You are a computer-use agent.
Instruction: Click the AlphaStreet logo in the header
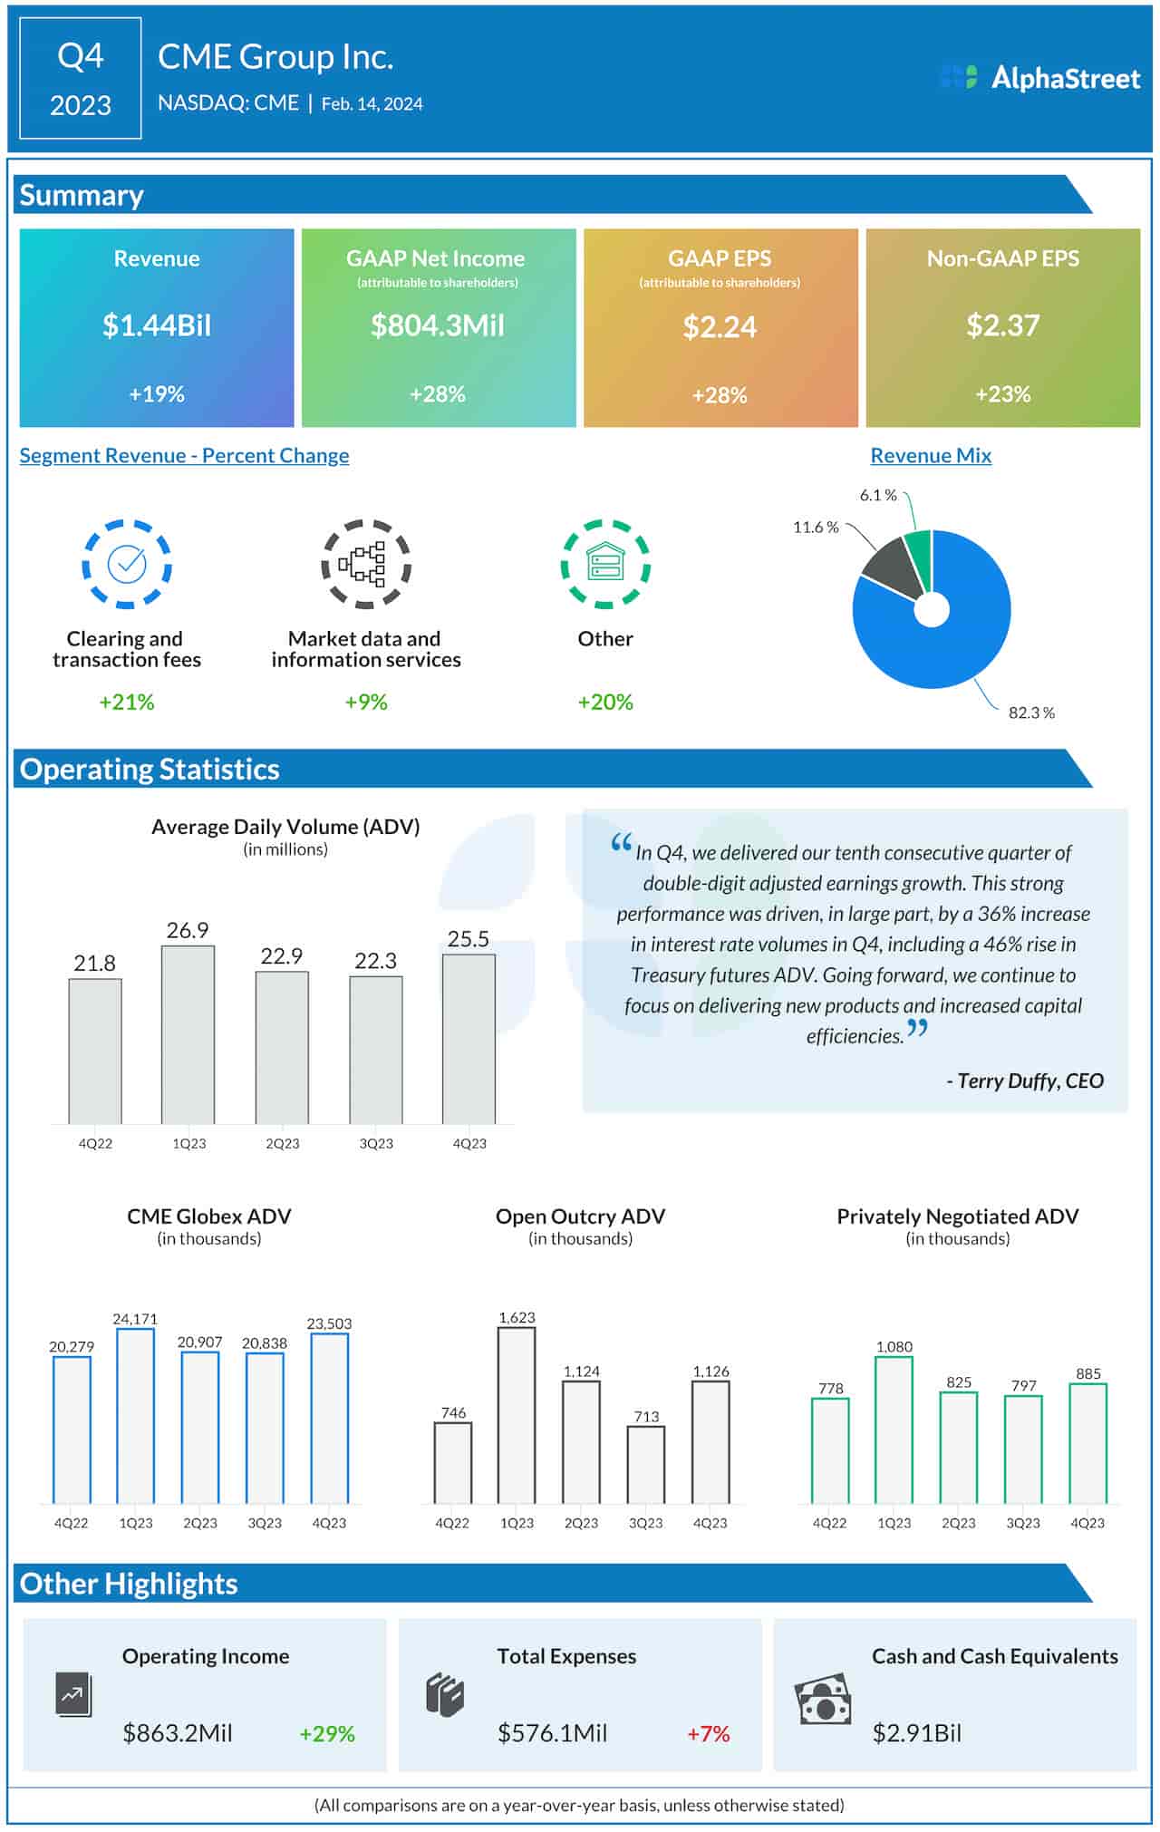tap(1039, 78)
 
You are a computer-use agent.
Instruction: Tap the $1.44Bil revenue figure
tap(156, 325)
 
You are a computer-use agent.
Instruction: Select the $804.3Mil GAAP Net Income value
tap(438, 325)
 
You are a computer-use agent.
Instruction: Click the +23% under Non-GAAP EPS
tap(1002, 394)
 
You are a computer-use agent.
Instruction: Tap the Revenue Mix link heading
tap(931, 456)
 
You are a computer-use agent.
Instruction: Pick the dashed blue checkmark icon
tap(127, 564)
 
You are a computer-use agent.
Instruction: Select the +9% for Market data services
tap(366, 703)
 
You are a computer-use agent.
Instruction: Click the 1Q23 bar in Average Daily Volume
tap(188, 1034)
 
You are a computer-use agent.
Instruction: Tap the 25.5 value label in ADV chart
tap(468, 939)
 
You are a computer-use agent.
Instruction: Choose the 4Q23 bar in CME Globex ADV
tap(329, 1418)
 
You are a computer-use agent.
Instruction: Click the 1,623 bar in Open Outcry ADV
tap(517, 1415)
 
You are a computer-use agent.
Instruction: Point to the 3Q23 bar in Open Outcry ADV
tap(645, 1464)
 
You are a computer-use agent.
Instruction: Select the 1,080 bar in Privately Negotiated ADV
tap(894, 1430)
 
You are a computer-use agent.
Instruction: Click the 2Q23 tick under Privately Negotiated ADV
tap(958, 1524)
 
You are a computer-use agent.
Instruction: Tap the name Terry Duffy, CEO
tap(1025, 1081)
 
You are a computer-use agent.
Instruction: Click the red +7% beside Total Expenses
tap(708, 1734)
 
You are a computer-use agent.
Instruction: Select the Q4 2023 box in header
tap(81, 79)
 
